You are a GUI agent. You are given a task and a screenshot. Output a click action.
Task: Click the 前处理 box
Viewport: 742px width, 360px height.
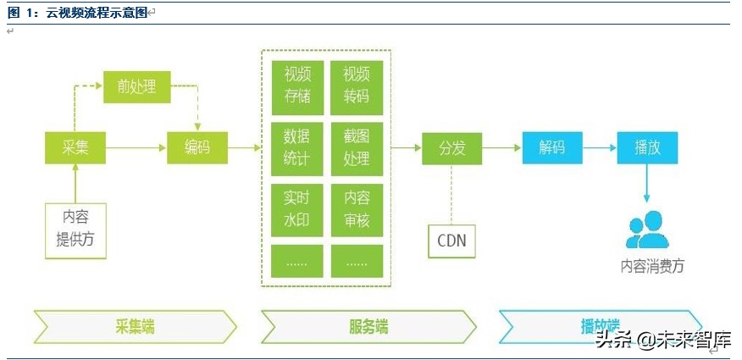(136, 86)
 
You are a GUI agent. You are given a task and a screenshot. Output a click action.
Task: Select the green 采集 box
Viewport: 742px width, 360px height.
(75, 147)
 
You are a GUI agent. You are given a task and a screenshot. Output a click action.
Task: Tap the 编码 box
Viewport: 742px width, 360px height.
(197, 147)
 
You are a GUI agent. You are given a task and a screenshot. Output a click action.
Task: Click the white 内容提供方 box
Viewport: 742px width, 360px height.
(75, 230)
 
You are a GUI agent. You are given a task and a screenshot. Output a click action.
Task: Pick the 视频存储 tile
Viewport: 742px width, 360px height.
(296, 86)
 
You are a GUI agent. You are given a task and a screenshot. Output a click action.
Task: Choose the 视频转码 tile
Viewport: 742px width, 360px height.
(357, 86)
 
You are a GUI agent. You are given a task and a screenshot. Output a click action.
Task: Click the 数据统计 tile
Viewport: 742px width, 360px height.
(296, 147)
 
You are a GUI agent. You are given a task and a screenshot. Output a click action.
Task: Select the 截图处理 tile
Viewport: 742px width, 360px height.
(357, 147)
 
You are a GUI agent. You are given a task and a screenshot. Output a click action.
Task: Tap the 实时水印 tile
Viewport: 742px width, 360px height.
(296, 209)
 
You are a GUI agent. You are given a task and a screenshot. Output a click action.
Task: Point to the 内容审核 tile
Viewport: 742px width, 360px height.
(357, 209)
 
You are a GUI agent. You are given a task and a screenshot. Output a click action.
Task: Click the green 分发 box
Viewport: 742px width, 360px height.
(451, 147)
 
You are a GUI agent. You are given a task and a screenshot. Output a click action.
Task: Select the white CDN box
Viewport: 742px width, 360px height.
(451, 241)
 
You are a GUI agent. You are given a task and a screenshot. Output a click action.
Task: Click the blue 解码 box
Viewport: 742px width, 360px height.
(551, 147)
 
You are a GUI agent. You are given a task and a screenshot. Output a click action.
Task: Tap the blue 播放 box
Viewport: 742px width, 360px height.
(647, 147)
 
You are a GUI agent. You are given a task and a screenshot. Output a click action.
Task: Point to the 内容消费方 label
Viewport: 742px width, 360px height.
(652, 266)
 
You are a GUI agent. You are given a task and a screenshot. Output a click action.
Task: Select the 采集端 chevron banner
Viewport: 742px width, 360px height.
(136, 326)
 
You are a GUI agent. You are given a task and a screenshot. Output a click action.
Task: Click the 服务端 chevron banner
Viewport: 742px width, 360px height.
(368, 326)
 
